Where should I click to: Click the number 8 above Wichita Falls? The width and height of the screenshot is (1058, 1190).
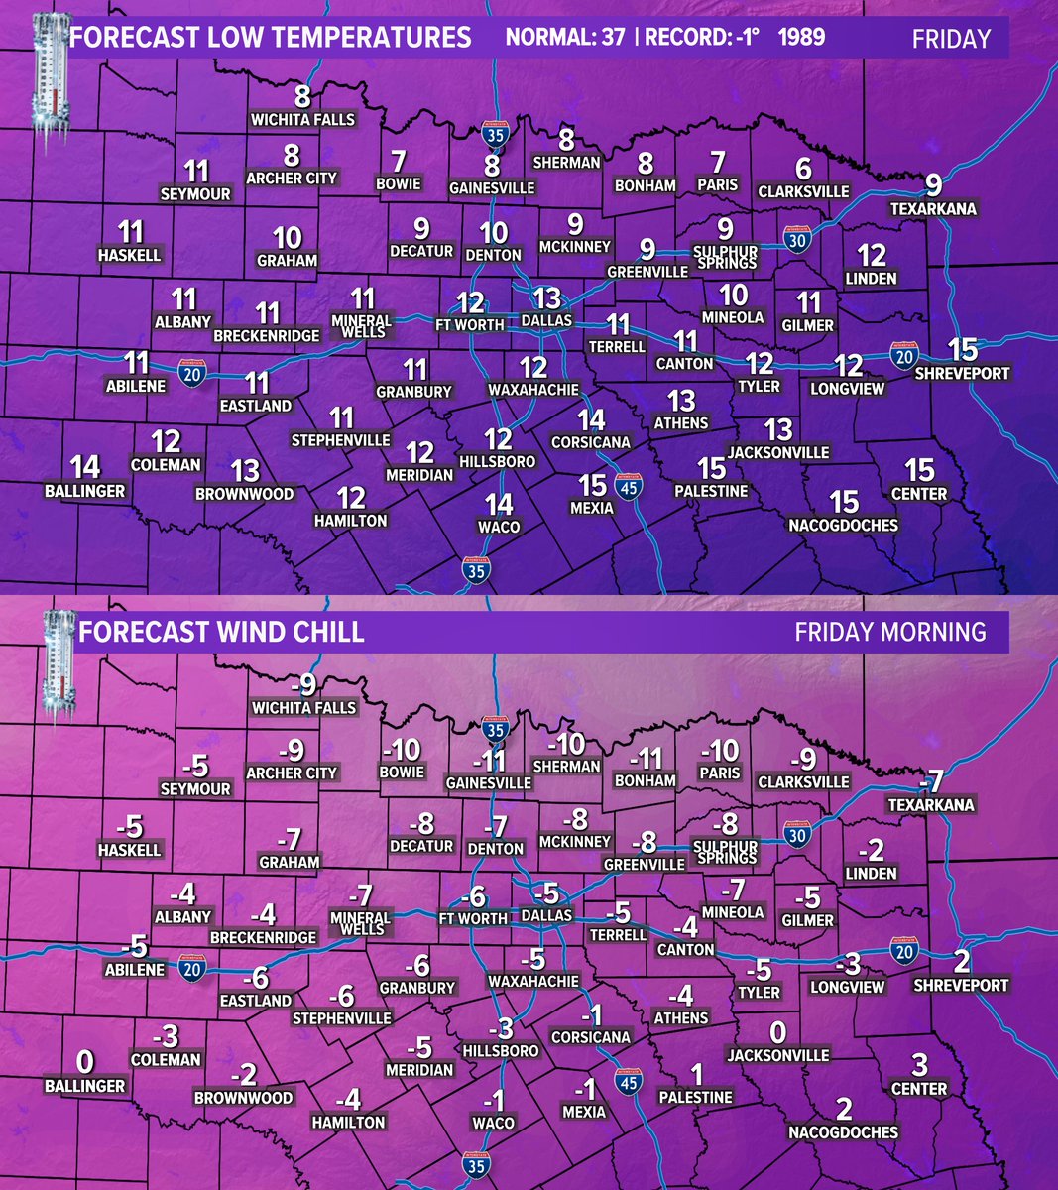click(x=303, y=97)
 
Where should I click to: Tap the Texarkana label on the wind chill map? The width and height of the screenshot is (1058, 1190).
click(x=931, y=804)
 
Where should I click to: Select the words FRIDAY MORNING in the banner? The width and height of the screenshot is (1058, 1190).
click(x=889, y=632)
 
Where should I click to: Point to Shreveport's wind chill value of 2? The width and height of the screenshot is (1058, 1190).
click(x=962, y=962)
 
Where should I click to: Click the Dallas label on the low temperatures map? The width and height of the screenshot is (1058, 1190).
click(x=547, y=321)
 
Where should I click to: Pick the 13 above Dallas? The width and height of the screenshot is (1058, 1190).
click(x=546, y=298)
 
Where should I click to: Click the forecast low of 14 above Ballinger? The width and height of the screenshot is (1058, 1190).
click(x=85, y=467)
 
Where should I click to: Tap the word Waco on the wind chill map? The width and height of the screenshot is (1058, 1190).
click(x=494, y=1123)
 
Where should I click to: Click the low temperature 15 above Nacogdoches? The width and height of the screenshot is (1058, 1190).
click(x=844, y=502)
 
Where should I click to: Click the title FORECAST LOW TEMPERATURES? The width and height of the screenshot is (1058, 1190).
click(x=271, y=39)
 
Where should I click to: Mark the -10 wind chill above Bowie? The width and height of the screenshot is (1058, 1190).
click(x=402, y=750)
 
